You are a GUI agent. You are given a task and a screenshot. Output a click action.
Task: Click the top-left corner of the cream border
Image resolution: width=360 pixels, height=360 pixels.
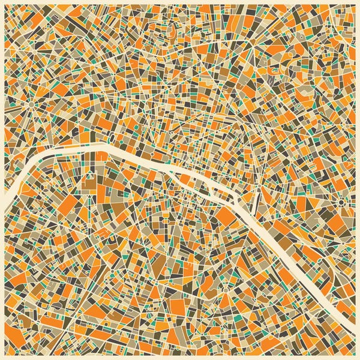pos(2,2)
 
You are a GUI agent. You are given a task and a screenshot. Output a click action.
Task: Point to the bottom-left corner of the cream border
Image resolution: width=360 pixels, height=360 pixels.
pos(2,358)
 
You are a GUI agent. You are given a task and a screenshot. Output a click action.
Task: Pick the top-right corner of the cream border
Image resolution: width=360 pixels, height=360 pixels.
pos(358,2)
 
